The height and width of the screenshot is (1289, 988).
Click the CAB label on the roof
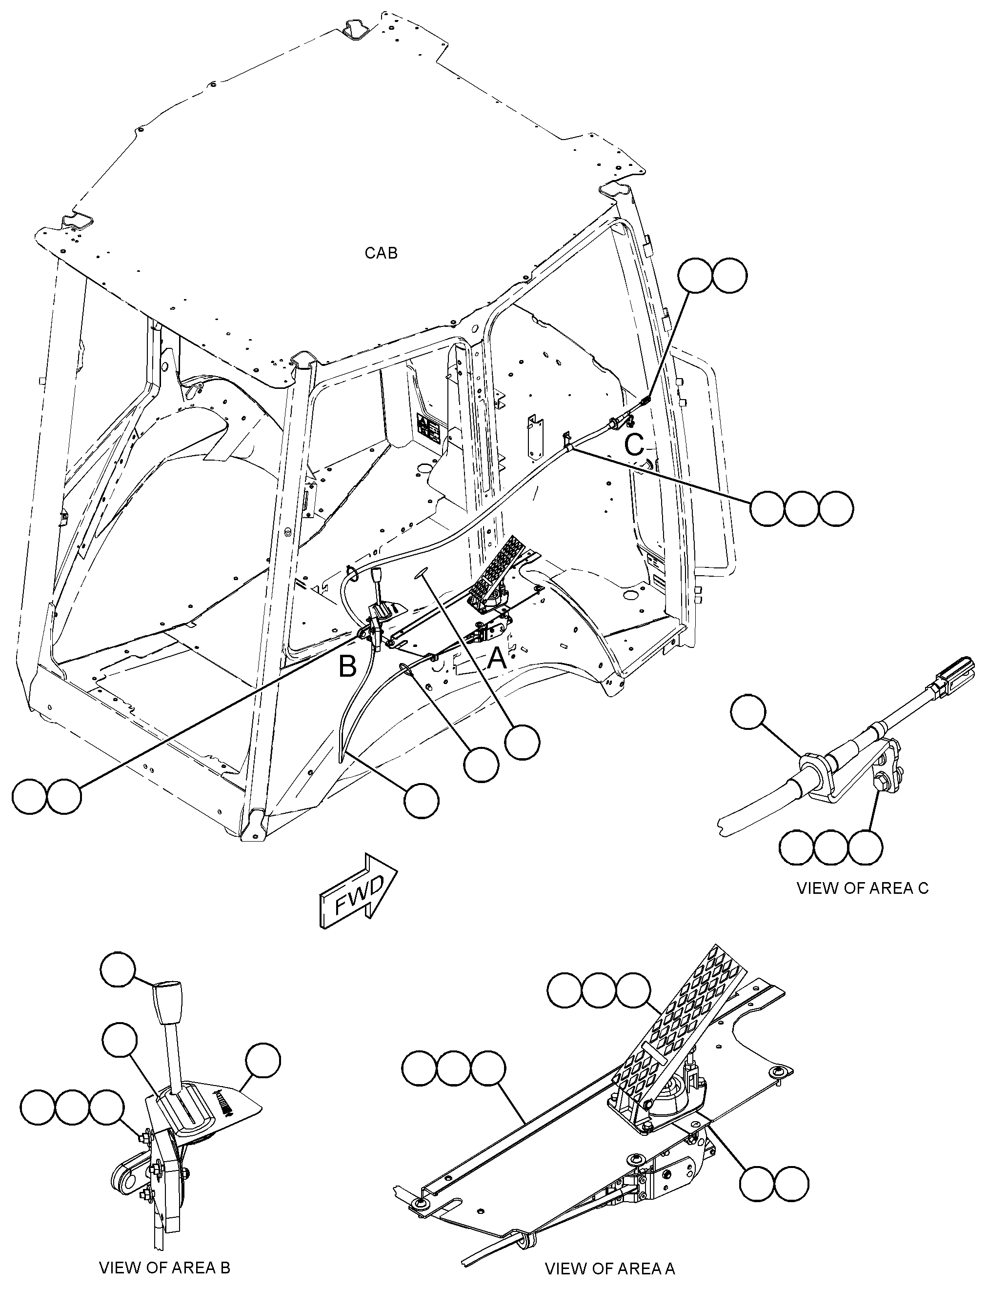381,253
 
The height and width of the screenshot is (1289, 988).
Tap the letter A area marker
497,659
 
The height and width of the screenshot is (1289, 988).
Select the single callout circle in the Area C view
748,712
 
